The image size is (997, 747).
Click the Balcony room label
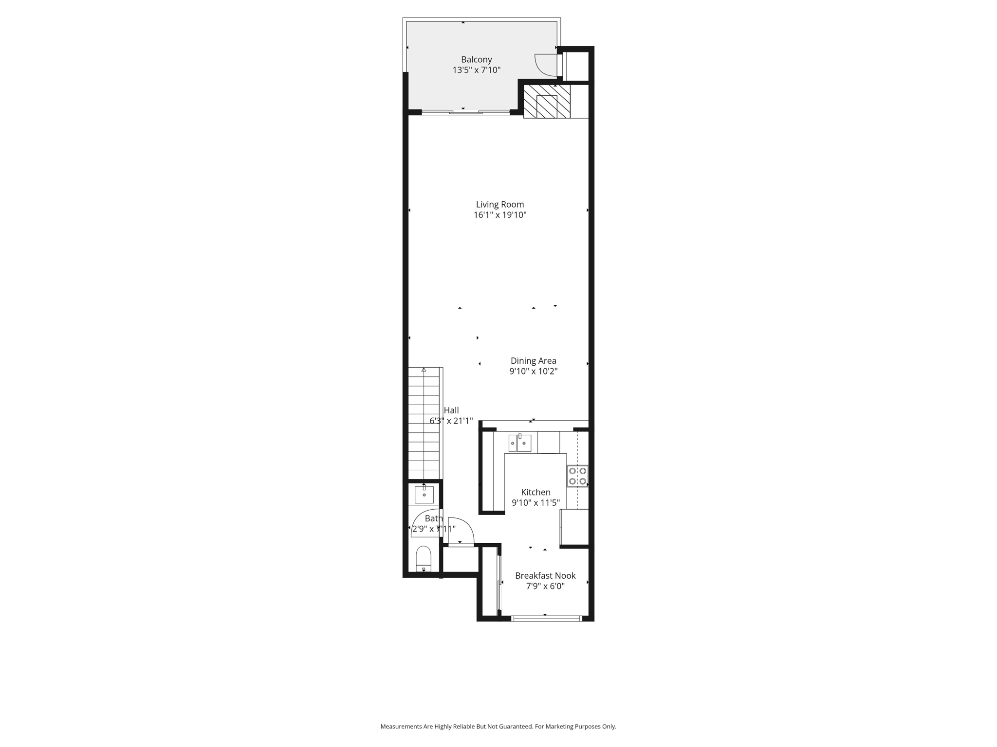[x=476, y=59]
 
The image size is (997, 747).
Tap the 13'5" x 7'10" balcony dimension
[x=476, y=70]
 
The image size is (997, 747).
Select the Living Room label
[x=499, y=204]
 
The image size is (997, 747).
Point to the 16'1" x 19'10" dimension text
[x=499, y=215]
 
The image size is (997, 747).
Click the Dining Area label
[x=533, y=361]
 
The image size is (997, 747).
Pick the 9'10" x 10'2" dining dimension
[x=533, y=372]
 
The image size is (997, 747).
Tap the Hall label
[x=451, y=410]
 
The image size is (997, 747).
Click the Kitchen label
[x=535, y=492]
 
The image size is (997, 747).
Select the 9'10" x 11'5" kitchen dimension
[x=535, y=503]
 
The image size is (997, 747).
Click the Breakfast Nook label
[x=545, y=576]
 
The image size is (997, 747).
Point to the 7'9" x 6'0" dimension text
[x=545, y=587]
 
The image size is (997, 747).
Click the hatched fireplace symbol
[x=547, y=102]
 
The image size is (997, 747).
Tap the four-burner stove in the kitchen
[x=577, y=476]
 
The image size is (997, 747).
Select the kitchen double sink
[x=519, y=443]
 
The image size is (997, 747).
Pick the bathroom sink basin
[x=424, y=495]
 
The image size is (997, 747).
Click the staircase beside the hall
[x=424, y=423]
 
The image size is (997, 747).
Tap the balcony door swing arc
[x=545, y=65]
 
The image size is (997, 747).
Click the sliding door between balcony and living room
[x=466, y=112]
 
